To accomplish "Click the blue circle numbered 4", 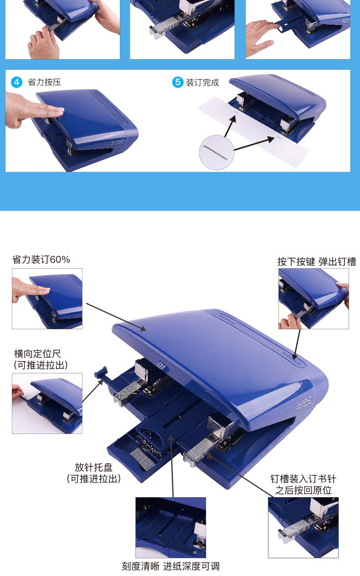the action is pos(17,82).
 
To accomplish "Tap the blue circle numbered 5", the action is pos(178,82).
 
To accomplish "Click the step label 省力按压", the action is pos(44,82).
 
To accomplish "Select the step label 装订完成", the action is pos(202,82).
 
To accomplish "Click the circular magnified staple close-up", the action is pos(216,153).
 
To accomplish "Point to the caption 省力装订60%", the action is pos(41,260).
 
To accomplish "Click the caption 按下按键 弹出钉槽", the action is pos(317,262).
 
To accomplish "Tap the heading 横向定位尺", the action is pos(37,354).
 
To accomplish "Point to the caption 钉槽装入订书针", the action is pos(303,479).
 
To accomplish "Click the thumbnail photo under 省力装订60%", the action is pos(47,299).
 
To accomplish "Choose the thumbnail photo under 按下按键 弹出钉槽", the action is pos(314,299).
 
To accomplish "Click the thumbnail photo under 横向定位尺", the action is pos(47,403).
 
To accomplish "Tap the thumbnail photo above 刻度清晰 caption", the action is pos(170,527).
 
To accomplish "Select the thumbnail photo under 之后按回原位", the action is pos(303,527).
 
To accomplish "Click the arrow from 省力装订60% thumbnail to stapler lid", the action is pos(116,317).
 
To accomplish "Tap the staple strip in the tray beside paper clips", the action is pos(143,459).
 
